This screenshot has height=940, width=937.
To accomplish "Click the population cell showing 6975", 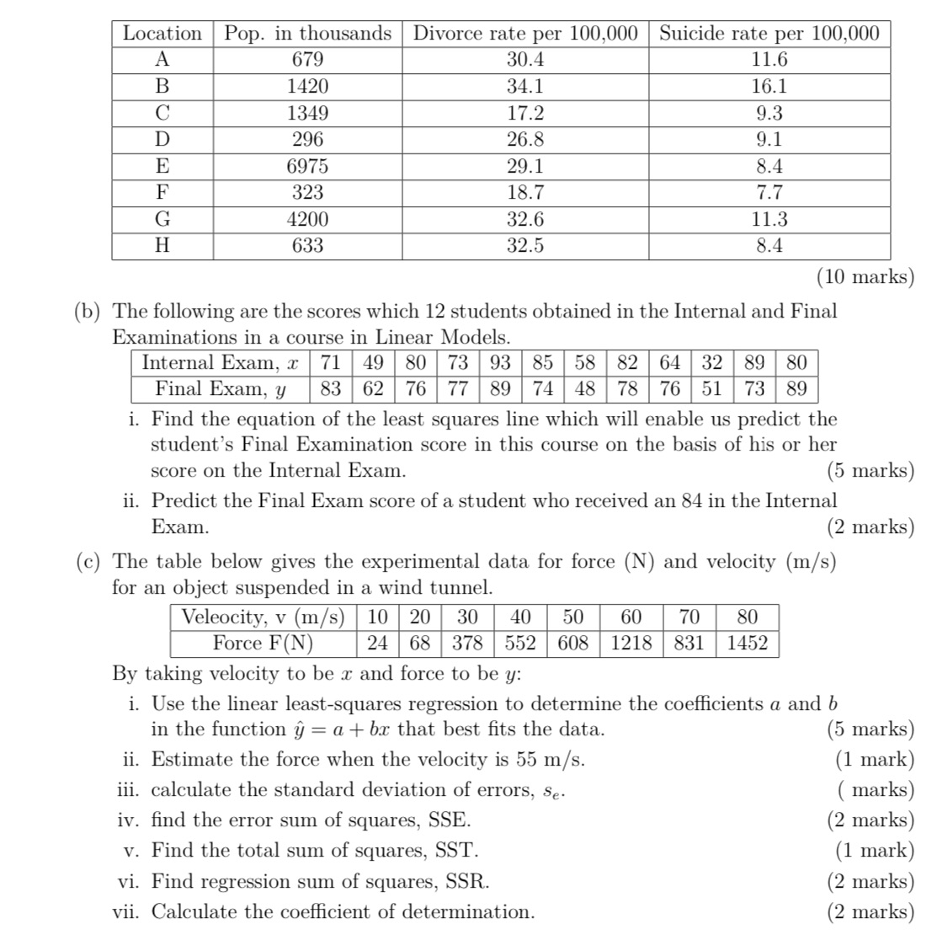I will click(x=307, y=166).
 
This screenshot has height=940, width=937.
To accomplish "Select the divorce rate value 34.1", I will click(x=525, y=86).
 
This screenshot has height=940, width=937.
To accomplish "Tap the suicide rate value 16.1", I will click(x=769, y=86).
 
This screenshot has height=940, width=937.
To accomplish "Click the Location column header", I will click(x=162, y=34).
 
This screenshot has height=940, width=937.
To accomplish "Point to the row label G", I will click(x=162, y=220).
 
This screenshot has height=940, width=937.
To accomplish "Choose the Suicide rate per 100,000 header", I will click(x=769, y=34).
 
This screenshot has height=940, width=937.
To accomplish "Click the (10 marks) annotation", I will click(x=865, y=276).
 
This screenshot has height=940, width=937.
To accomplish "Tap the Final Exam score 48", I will click(x=584, y=388).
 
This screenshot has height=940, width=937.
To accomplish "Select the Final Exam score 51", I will click(x=711, y=388).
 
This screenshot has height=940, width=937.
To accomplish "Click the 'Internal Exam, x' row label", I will click(x=221, y=363).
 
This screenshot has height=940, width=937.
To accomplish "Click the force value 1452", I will click(x=747, y=643).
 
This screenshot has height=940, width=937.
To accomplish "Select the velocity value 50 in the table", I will click(x=572, y=617).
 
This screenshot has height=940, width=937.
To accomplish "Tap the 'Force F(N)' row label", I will click(x=263, y=643).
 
